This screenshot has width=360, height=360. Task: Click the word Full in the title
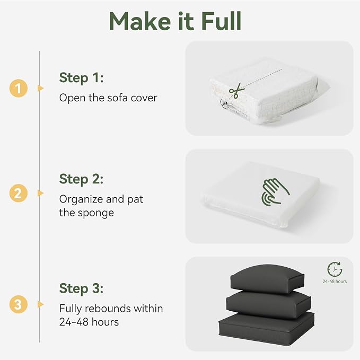pyautogui.click(x=222, y=21)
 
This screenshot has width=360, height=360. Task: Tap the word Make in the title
pyautogui.click(x=140, y=21)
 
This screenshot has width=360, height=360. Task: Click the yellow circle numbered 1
pyautogui.click(x=19, y=88)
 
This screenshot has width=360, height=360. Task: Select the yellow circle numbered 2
pyautogui.click(x=19, y=193)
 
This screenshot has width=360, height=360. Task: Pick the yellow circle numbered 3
pyautogui.click(x=19, y=304)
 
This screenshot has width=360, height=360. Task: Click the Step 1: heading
pyautogui.click(x=82, y=78)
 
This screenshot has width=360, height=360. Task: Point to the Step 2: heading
pyautogui.click(x=81, y=179)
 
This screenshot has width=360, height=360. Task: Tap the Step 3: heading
pyautogui.click(x=81, y=288)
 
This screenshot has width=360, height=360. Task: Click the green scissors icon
pyautogui.click(x=235, y=91)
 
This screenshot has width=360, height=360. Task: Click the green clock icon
pyautogui.click(x=335, y=269)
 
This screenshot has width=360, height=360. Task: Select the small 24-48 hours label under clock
pyautogui.click(x=335, y=282)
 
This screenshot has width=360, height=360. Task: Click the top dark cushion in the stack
pyautogui.click(x=267, y=278)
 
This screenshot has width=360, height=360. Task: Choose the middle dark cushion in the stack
pyautogui.click(x=268, y=304)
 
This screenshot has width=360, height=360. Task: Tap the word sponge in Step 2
pyautogui.click(x=96, y=213)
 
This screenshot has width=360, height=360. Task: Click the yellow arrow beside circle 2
pyautogui.click(x=40, y=193)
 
